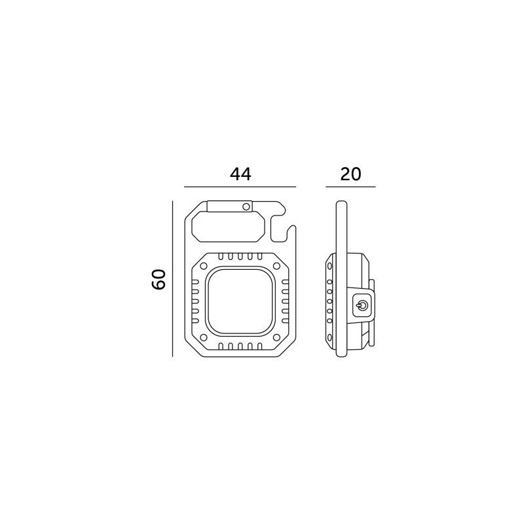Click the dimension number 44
pos(240,174)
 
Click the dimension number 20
pos(350,174)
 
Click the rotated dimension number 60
pos(159,280)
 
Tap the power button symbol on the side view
pos(362,305)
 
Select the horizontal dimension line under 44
pos(240,187)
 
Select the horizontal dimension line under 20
pos(350,187)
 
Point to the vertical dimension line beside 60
pos(172,279)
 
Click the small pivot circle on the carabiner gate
pos(246,206)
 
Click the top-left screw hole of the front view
pos(203,267)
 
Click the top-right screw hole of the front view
pos(276,266)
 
